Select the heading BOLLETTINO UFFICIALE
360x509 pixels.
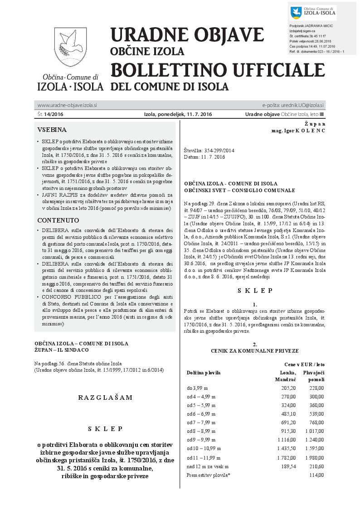click(x=218, y=70)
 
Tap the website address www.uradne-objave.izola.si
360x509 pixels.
click(x=67, y=105)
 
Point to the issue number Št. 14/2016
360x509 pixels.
click(x=50, y=114)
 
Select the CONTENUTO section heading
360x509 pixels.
click(x=58, y=221)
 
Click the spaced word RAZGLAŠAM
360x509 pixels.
click(x=105, y=398)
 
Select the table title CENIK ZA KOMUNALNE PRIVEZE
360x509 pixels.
click(x=254, y=351)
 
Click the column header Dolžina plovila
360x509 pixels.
click(x=204, y=373)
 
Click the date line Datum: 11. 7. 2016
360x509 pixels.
click(x=204, y=157)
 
